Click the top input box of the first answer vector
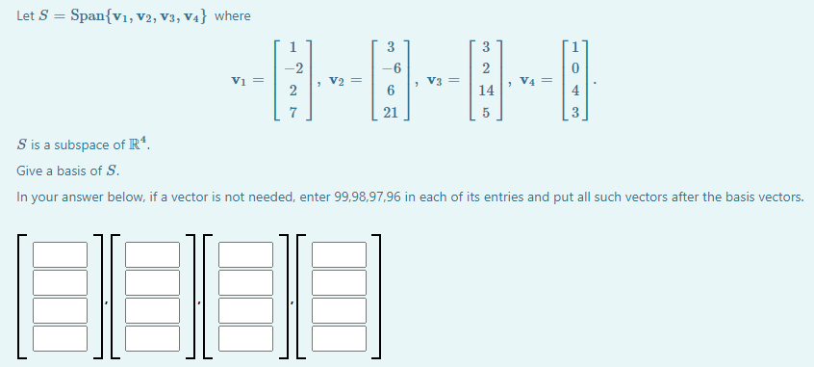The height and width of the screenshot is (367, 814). click(60, 255)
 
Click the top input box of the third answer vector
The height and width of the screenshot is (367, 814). click(246, 255)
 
